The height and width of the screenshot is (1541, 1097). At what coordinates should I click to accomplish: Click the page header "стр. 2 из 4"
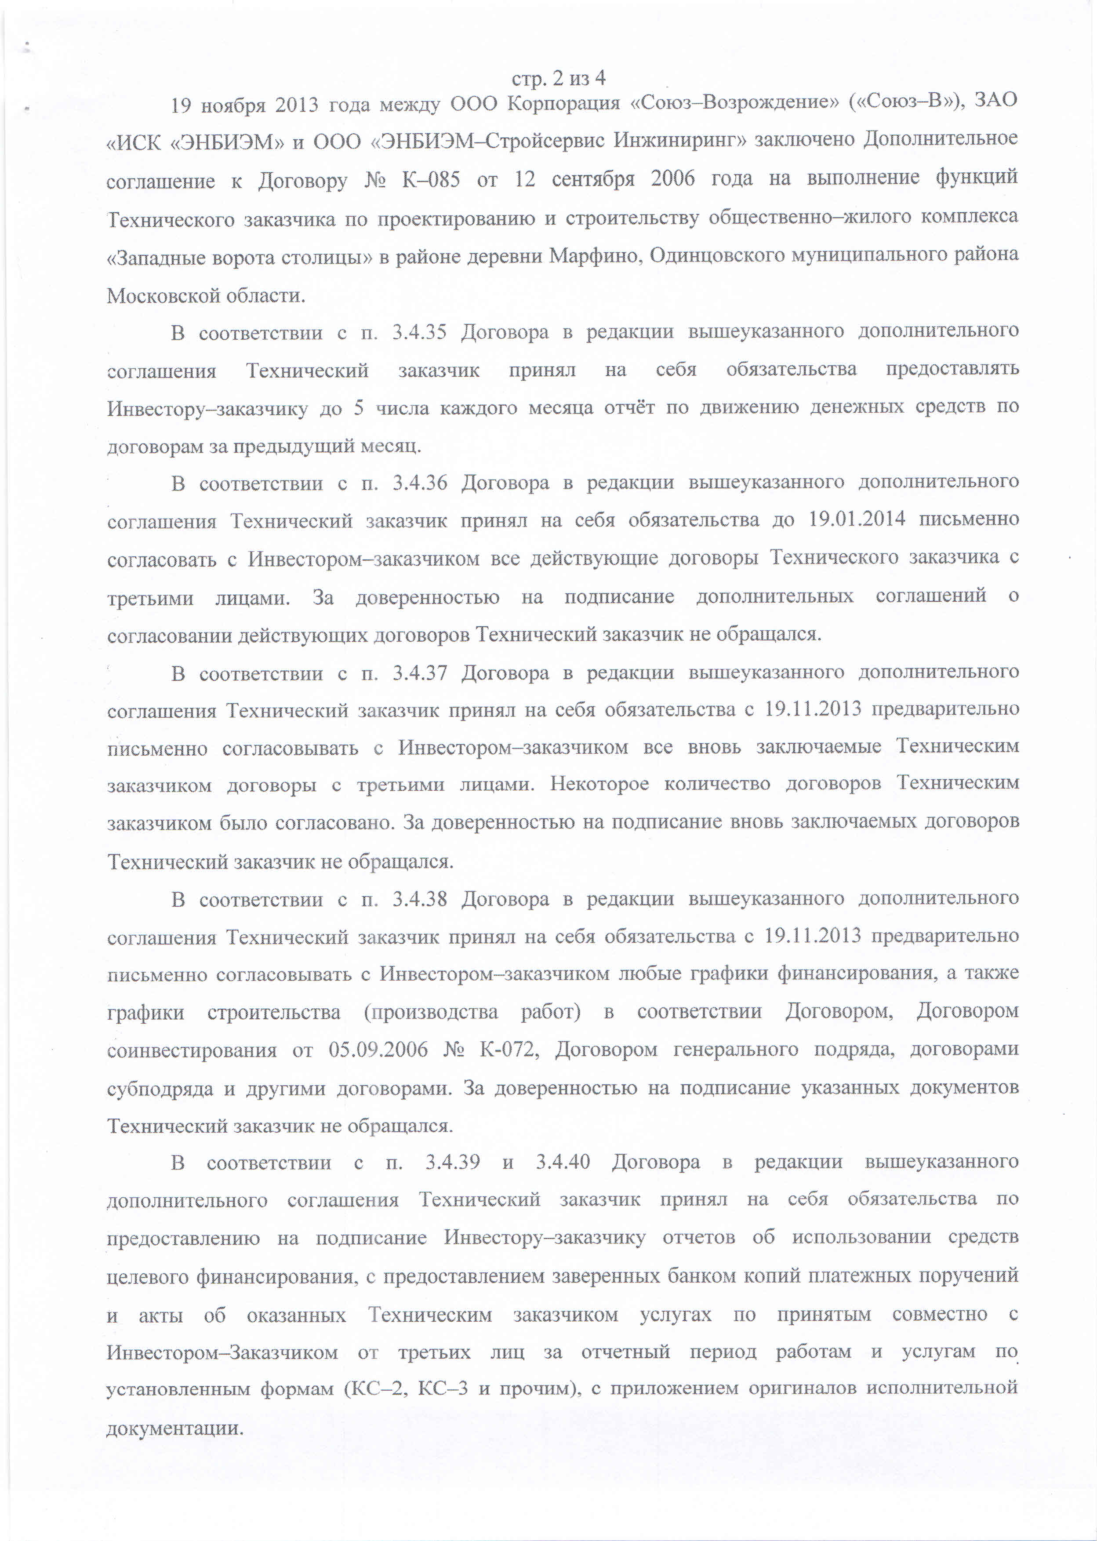(x=558, y=79)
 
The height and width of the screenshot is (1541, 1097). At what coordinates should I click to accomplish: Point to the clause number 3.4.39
(x=453, y=1162)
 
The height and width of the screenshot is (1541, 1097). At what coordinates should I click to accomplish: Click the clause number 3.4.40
(x=563, y=1162)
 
